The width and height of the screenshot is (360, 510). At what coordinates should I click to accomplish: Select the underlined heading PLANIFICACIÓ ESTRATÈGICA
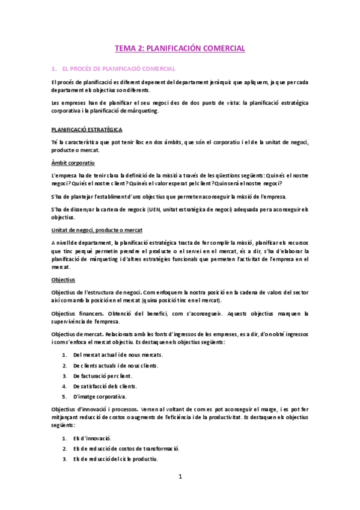coord(87,129)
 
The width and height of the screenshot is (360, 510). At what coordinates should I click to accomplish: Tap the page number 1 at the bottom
coord(180,477)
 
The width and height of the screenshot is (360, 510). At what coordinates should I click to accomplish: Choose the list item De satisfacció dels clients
coord(105,386)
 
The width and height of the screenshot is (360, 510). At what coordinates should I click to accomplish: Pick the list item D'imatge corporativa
coord(100,396)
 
